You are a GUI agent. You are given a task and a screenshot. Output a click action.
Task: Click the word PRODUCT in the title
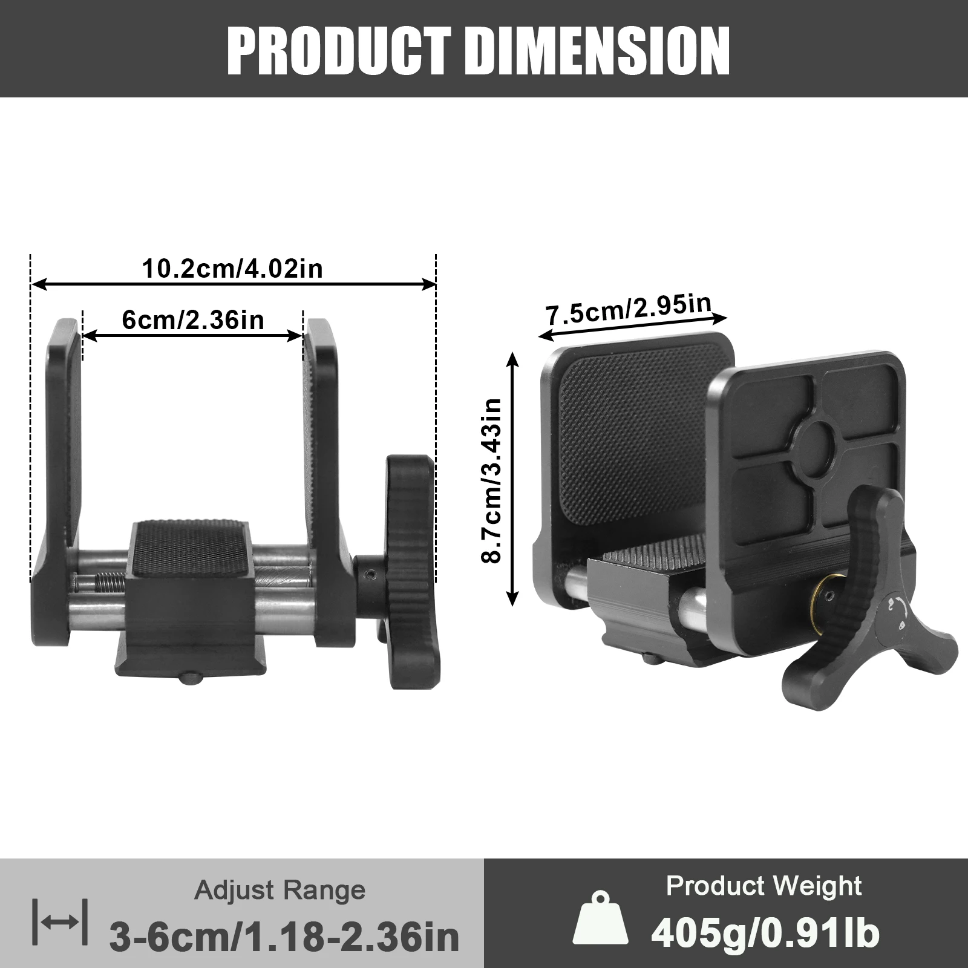[x=339, y=51]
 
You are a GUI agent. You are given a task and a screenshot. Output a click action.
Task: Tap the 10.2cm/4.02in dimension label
[x=232, y=269]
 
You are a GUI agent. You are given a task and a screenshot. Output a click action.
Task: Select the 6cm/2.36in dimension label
[x=193, y=319]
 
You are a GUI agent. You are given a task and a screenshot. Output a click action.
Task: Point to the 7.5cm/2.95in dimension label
[x=629, y=309]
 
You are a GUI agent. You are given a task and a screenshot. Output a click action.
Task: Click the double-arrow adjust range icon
[x=59, y=922]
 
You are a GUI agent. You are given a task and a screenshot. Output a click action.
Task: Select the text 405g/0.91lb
[x=765, y=933]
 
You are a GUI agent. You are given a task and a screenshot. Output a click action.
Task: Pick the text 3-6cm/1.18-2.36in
[x=284, y=936]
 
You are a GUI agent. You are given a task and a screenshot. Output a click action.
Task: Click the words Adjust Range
[x=280, y=890]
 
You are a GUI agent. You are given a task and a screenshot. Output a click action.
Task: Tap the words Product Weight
[x=764, y=886]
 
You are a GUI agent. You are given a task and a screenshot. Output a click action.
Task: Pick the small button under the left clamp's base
[x=191, y=678]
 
